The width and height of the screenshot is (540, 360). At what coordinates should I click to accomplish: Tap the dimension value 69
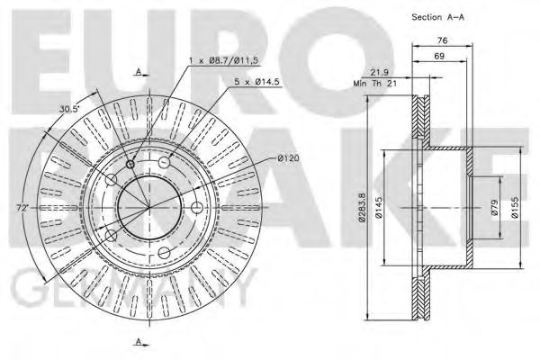439,57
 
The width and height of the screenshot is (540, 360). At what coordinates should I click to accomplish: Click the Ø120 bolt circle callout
288,159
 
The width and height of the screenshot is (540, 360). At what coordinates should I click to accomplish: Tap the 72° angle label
22,208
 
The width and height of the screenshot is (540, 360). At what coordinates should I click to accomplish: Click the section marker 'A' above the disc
139,69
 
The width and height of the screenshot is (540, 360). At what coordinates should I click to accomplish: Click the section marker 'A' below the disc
139,339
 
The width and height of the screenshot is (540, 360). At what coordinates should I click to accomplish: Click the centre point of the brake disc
149,206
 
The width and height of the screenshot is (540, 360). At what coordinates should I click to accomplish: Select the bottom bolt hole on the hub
164,253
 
